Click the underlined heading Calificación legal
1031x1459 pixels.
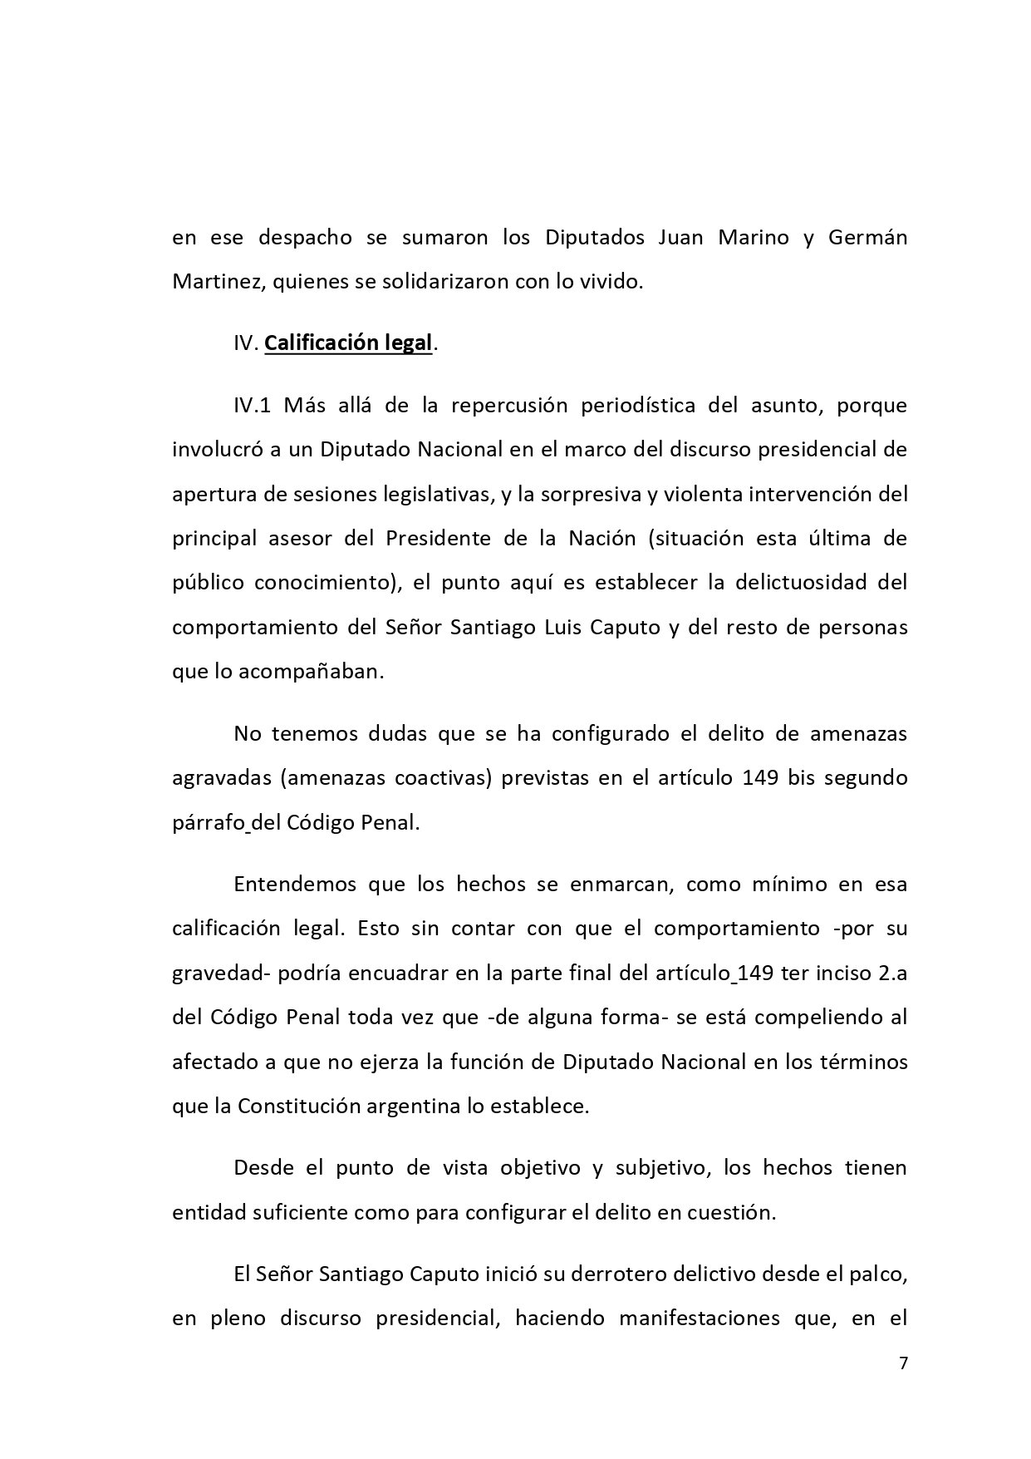[x=348, y=343]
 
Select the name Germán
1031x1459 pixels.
[x=867, y=237]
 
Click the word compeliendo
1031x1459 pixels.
[x=788, y=1017]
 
